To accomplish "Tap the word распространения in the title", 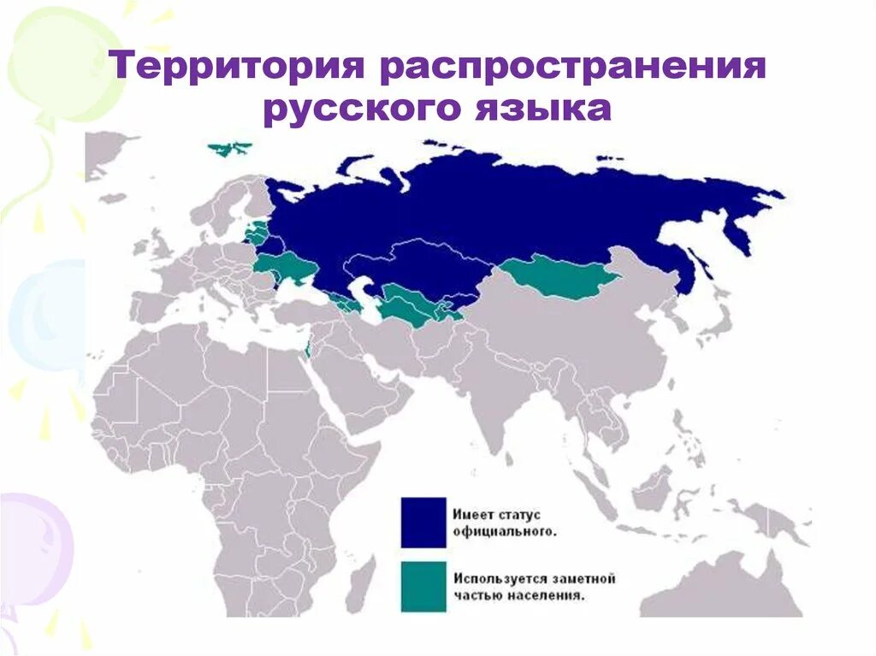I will point(572,67).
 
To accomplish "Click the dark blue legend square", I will point(423,522).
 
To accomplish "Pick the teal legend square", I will point(423,586).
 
